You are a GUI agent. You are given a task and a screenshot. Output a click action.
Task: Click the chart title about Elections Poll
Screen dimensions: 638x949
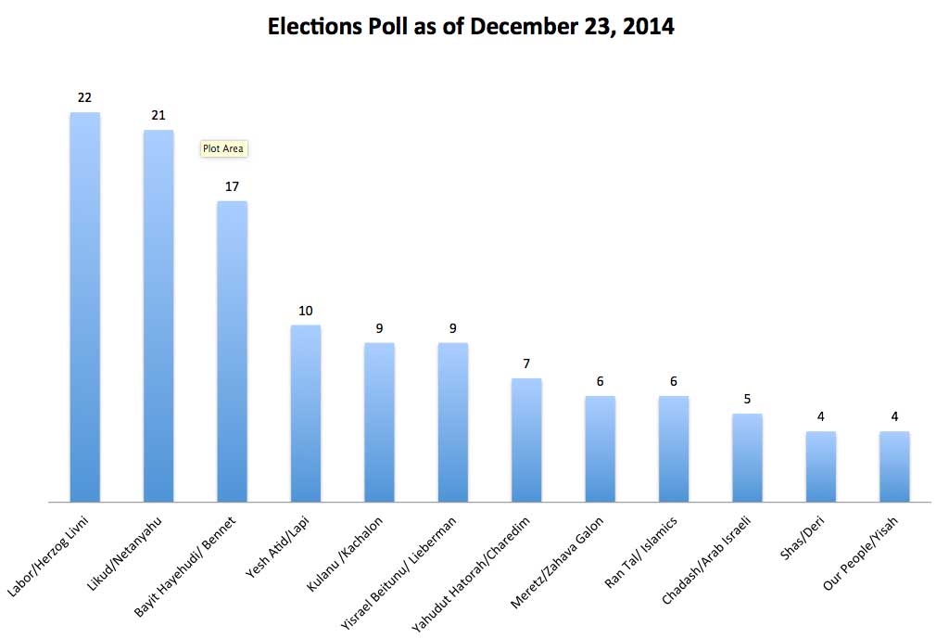[471, 27]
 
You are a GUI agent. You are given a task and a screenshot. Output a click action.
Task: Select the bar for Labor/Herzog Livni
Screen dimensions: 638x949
[85, 306]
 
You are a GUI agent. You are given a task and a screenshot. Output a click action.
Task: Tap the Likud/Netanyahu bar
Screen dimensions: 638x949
[158, 315]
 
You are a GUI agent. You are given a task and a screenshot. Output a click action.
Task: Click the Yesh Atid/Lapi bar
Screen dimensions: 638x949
[306, 413]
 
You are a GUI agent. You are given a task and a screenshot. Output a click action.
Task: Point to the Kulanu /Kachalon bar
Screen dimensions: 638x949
[379, 422]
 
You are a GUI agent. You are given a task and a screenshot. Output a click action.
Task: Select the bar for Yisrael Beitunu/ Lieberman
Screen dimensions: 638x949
[452, 422]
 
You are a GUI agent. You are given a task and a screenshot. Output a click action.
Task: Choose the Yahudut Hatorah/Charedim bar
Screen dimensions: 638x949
[526, 440]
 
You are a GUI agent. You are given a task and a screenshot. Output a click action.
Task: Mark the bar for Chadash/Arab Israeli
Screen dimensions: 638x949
[747, 457]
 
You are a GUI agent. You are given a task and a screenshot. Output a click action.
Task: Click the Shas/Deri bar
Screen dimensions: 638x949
[820, 466]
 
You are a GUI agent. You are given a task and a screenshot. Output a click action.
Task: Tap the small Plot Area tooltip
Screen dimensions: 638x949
[224, 148]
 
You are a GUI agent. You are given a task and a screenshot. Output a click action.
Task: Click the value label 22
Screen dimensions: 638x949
[84, 97]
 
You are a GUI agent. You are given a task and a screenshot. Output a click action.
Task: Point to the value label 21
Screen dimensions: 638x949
[158, 115]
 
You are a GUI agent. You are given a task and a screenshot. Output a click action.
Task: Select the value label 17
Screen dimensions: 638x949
[232, 186]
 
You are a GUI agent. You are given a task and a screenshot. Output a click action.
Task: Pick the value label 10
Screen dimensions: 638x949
[306, 311]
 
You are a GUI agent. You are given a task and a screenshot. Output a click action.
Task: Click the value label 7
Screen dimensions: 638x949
[526, 364]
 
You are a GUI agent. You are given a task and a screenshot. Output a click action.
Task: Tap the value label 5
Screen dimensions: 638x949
[747, 399]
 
